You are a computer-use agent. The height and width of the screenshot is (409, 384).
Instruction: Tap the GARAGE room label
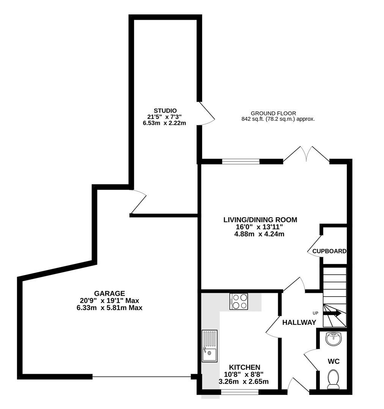(x=109, y=293)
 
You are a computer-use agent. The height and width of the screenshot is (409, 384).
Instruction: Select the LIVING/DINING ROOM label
(x=260, y=220)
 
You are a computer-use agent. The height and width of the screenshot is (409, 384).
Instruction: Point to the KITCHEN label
(x=244, y=367)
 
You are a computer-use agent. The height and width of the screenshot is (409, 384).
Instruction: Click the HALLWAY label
(x=299, y=323)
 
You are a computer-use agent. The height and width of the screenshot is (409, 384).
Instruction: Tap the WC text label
(x=334, y=361)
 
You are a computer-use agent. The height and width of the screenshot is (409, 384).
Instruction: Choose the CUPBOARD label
(x=329, y=251)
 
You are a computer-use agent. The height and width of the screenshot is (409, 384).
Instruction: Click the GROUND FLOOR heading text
(x=273, y=113)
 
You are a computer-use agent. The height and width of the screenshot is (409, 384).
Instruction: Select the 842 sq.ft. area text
(x=278, y=119)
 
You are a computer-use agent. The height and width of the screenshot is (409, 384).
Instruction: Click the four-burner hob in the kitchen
(x=239, y=301)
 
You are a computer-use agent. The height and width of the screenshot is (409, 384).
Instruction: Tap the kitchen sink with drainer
(x=209, y=346)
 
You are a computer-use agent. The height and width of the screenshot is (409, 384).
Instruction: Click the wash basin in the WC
(x=334, y=338)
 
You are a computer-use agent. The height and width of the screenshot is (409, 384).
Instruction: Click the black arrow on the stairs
(x=332, y=313)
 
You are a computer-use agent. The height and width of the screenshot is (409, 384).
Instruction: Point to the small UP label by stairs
(x=315, y=313)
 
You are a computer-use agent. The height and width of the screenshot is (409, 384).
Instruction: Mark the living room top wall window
(x=241, y=162)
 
